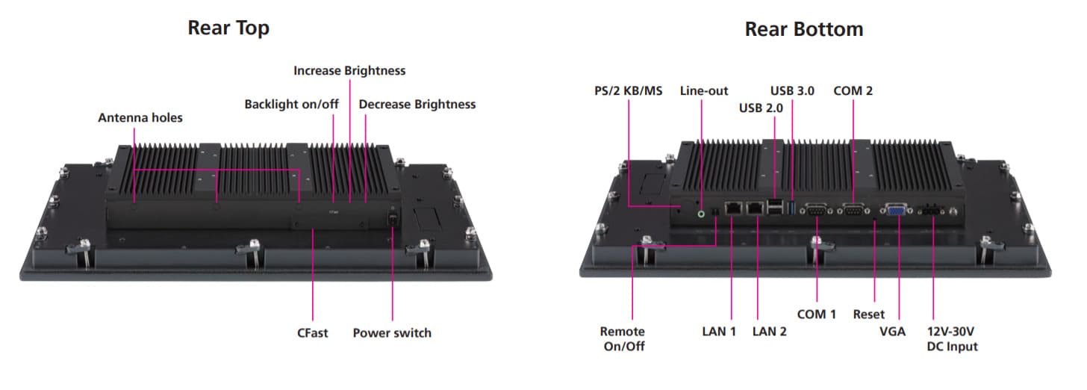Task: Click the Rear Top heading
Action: pos(228,28)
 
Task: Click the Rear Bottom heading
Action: pos(804,29)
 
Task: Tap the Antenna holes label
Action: pos(140,117)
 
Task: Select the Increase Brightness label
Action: pos(349,70)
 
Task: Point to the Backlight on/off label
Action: pos(292,104)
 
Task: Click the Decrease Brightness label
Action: pos(417,104)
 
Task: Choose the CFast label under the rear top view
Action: pos(312,332)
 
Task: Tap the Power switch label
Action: pos(392,332)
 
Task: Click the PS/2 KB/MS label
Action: pos(629,90)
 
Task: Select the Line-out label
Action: pos(704,90)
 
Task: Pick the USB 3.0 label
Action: pos(792,90)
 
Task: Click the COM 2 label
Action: pos(853,90)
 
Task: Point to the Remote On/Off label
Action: pos(623,338)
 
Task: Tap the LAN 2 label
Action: pos(770,332)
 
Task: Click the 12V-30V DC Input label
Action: pos(952,338)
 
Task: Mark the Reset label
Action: pos(869,314)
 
